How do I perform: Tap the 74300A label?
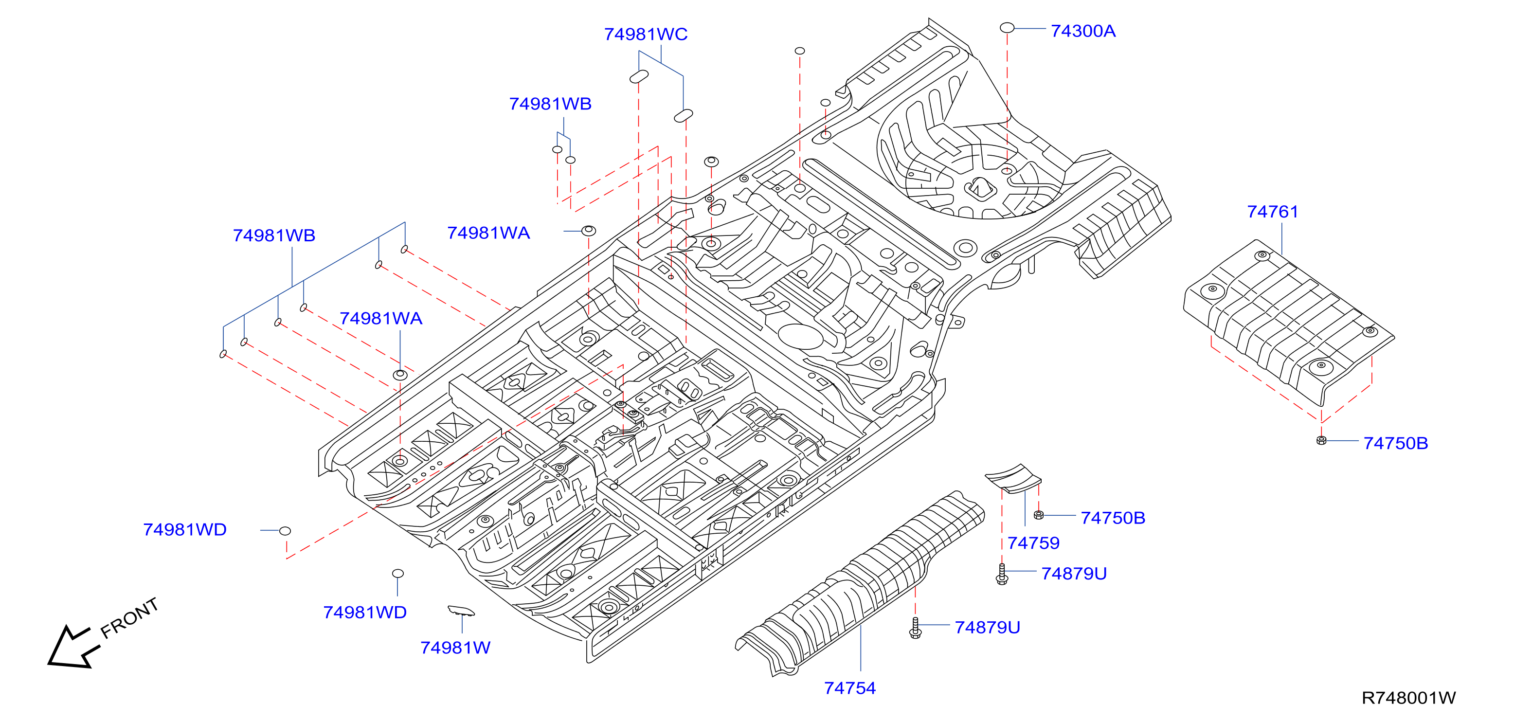[x=1082, y=31]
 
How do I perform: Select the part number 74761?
[x=1272, y=211]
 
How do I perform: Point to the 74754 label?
[x=849, y=687]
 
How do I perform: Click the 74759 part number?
[x=1033, y=542]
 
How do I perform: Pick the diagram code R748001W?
[x=1408, y=697]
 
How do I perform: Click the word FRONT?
[x=129, y=618]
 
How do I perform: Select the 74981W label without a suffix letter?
[x=455, y=648]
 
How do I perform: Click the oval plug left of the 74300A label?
[x=1007, y=28]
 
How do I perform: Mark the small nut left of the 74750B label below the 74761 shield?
[x=1321, y=440]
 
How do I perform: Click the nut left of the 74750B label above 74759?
[x=1039, y=515]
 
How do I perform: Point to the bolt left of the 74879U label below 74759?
[x=1002, y=574]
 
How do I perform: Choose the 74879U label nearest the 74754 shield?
[x=988, y=627]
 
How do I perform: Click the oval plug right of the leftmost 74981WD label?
[x=285, y=531]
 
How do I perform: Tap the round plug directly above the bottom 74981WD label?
[x=398, y=573]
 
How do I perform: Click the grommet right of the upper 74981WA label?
[x=588, y=231]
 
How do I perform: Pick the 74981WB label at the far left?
[x=274, y=235]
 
